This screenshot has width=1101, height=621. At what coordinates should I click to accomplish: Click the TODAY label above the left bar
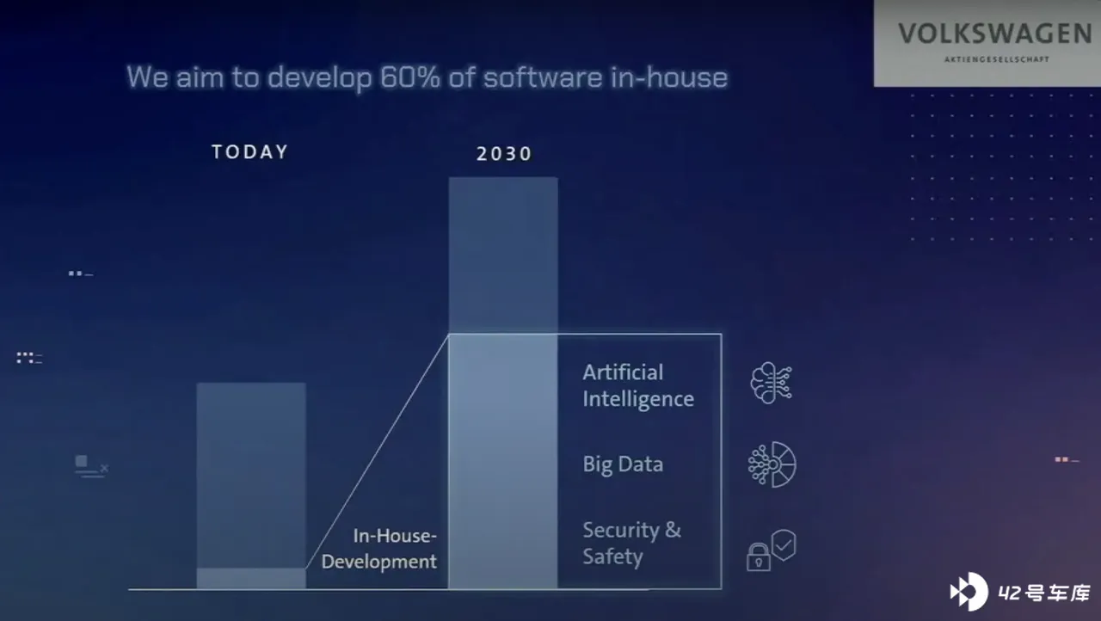[x=249, y=152]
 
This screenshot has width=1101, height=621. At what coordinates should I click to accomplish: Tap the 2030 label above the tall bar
[x=504, y=154]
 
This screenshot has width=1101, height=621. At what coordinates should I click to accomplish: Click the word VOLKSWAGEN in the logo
[x=995, y=34]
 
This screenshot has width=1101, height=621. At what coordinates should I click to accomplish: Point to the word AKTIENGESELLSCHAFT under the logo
[x=996, y=59]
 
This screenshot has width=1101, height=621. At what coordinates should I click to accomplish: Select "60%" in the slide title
[x=410, y=77]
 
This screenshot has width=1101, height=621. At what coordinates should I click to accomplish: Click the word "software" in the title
[x=543, y=77]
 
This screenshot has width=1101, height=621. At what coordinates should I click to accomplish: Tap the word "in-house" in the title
[x=669, y=77]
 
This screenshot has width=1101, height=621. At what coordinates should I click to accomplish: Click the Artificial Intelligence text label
[x=638, y=386]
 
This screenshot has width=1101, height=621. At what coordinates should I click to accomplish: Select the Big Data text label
[x=623, y=464]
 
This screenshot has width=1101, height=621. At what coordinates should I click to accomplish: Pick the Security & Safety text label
[x=632, y=544]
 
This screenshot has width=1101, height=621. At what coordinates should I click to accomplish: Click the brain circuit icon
[x=771, y=384]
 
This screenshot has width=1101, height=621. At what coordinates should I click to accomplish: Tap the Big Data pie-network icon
[x=772, y=464]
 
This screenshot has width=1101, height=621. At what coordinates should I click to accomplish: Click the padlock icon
[x=759, y=557]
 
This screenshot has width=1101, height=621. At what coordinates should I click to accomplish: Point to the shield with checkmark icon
[x=784, y=544]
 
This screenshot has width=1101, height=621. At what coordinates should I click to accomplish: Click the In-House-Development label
[x=379, y=548]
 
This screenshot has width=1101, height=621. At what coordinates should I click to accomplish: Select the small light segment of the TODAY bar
[x=251, y=578]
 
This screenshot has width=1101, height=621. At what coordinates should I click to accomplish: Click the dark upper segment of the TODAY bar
[x=251, y=476]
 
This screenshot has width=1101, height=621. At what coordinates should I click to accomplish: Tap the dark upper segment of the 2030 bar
[x=503, y=255]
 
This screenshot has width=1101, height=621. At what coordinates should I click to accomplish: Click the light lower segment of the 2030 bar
[x=503, y=461]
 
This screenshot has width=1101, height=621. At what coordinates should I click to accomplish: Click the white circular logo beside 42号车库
[x=969, y=592]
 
